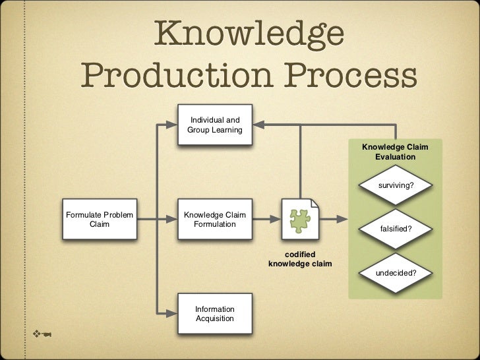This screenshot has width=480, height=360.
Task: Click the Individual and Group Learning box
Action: [215, 125]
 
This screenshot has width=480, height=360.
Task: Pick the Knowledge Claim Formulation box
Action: [215, 220]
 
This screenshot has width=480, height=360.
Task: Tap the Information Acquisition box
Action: [215, 314]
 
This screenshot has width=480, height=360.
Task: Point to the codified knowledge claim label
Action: [301, 259]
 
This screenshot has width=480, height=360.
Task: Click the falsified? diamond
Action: [396, 229]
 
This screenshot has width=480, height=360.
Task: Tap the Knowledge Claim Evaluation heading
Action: [396, 153]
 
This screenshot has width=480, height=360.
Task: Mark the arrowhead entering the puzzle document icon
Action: [275, 216]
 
